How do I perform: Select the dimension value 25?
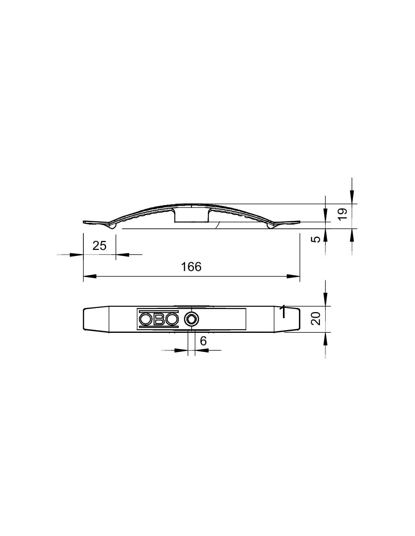(x=99, y=246)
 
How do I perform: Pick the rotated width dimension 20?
(x=316, y=319)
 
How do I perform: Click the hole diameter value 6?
(x=203, y=341)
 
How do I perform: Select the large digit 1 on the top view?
(x=283, y=312)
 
